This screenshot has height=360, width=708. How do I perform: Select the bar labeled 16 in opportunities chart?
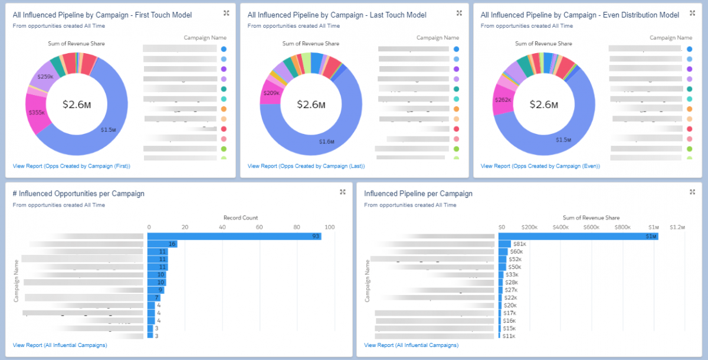[162, 244]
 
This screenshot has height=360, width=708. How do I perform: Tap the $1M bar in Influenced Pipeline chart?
[578, 236]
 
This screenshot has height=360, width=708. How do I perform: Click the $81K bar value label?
[519, 244]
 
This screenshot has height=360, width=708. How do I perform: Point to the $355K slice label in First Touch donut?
[36, 113]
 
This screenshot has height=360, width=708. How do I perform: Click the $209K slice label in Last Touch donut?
[271, 93]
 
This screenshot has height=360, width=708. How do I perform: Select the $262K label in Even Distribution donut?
[504, 100]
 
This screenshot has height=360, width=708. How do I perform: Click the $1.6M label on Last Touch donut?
[326, 142]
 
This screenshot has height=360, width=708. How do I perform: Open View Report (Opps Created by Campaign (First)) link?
[71, 166]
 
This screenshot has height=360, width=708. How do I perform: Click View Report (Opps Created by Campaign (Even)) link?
[540, 166]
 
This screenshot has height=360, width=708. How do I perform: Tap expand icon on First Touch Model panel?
[227, 13]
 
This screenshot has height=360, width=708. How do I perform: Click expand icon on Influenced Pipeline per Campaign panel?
[693, 192]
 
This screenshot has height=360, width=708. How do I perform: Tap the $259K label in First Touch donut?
[45, 77]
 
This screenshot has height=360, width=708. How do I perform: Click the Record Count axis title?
[241, 218]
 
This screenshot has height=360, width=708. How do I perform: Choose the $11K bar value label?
[508, 336]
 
